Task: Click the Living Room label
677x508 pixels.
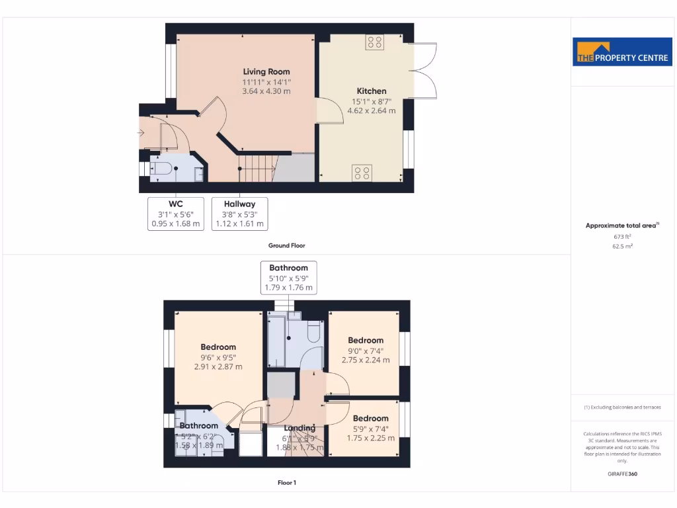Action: point(266,71)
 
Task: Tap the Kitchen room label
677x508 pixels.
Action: point(372,91)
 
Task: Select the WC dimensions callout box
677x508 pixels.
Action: point(175,214)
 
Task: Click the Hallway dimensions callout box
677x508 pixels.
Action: point(239,214)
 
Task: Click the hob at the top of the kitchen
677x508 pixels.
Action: point(374,42)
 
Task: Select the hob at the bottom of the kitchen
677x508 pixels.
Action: point(362,173)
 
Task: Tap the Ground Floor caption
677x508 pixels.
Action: point(286,245)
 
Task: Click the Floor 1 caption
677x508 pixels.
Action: point(286,483)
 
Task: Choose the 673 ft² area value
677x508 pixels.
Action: point(622,236)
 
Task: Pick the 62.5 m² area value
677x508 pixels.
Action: point(622,246)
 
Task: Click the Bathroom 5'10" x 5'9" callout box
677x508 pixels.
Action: point(288,278)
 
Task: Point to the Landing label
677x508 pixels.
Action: point(299,428)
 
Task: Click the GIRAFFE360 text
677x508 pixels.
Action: point(622,474)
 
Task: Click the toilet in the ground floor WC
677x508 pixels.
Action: point(162,169)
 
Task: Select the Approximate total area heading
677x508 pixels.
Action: point(621,226)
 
